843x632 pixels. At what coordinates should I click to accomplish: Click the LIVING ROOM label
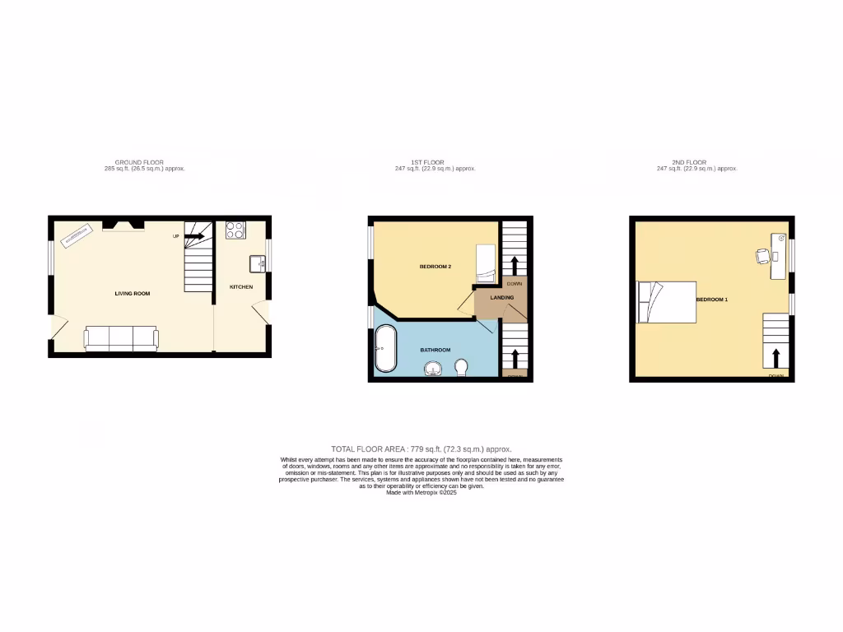tap(132, 293)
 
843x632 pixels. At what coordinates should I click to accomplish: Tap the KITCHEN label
tap(240, 286)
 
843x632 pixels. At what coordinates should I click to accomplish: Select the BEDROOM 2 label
tap(435, 267)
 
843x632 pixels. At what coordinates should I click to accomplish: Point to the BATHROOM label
tap(435, 350)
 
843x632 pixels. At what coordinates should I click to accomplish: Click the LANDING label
tap(502, 297)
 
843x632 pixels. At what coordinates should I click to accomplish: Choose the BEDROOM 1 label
tap(712, 300)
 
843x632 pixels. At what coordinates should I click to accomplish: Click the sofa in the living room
tap(122, 337)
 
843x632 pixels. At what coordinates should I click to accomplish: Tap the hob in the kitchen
tap(235, 230)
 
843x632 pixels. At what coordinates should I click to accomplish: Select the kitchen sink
tap(258, 263)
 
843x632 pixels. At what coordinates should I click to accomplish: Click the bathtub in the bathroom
tap(385, 349)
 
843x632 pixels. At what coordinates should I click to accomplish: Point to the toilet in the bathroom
tap(461, 366)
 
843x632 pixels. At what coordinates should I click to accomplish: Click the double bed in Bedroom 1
tap(667, 301)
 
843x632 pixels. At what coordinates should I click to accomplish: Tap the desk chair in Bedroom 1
tap(762, 256)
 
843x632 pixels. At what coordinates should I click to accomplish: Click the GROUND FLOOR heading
tap(139, 163)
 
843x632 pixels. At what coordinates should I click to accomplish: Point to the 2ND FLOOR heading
tap(696, 163)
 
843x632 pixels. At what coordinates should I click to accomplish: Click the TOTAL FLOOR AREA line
tap(421, 448)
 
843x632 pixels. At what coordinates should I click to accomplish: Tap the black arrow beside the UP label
tap(194, 236)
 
